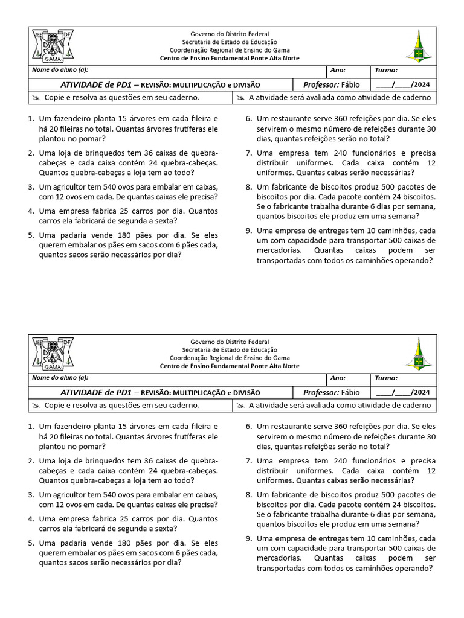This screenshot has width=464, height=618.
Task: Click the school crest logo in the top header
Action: [53, 46]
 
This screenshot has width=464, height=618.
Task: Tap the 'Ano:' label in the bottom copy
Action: [338, 378]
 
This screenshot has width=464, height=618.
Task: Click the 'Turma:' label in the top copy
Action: [386, 71]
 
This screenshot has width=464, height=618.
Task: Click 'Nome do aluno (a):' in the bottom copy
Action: [60, 378]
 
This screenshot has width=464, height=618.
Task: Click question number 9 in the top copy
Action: [248, 231]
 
